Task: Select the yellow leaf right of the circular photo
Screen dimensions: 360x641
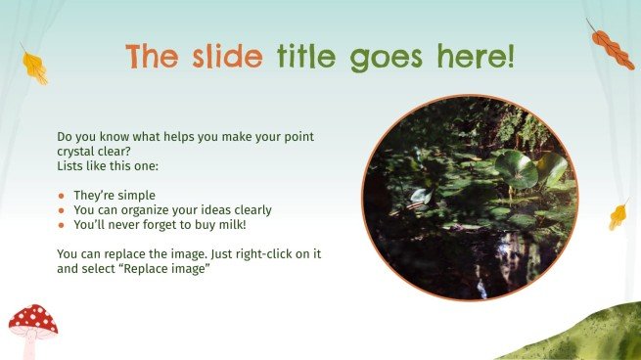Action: [618, 213]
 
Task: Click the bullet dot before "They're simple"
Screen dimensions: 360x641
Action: [62, 196]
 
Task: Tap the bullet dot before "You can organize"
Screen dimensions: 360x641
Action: [62, 210]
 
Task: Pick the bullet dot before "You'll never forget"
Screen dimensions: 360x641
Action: [62, 225]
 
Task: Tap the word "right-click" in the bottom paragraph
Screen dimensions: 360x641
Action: [260, 254]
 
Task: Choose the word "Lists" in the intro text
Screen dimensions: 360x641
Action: [71, 165]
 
